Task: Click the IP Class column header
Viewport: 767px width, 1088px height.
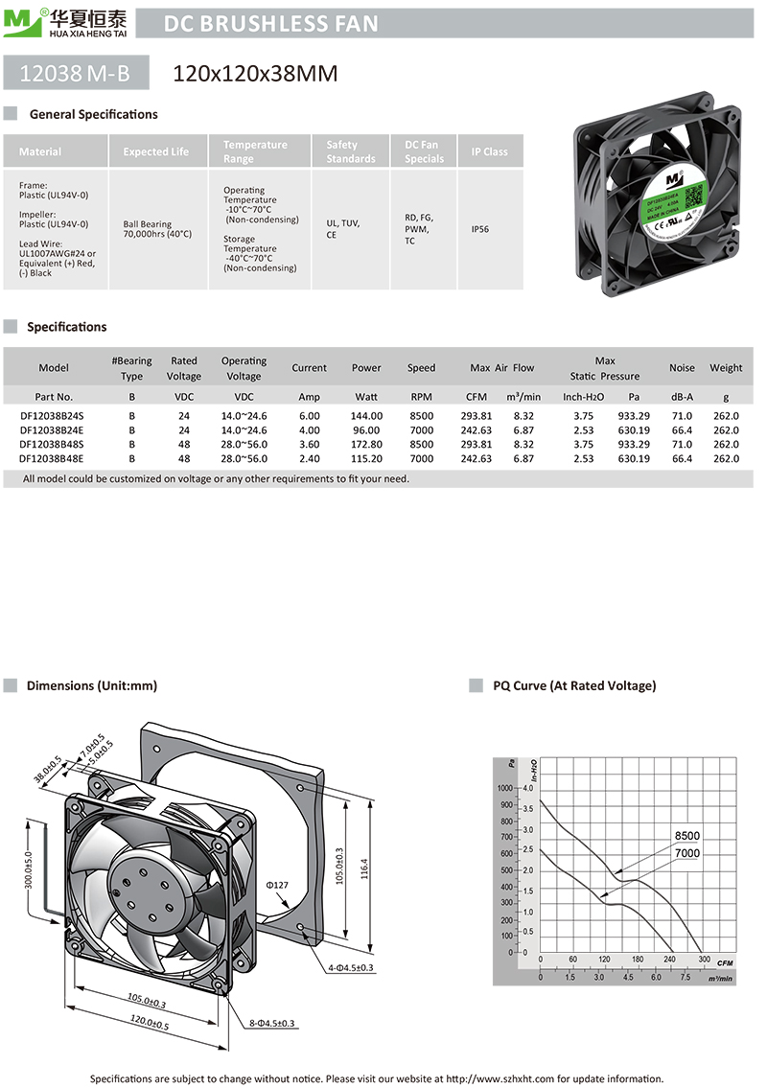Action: pyautogui.click(x=489, y=151)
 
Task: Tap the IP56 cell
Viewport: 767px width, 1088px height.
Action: pyautogui.click(x=480, y=230)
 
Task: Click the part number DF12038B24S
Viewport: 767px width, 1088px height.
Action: pyautogui.click(x=54, y=416)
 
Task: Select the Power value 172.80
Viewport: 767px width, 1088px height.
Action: pyautogui.click(x=366, y=445)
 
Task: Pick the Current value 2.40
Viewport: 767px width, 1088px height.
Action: pyautogui.click(x=309, y=459)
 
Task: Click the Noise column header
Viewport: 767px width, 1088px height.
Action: pyautogui.click(x=682, y=368)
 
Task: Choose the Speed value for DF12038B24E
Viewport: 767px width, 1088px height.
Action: pyautogui.click(x=421, y=430)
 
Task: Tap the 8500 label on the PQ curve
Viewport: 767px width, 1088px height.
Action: pyautogui.click(x=687, y=836)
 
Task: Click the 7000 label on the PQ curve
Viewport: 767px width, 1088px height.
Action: pyautogui.click(x=687, y=853)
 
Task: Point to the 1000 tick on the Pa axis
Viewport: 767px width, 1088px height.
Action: pyautogui.click(x=506, y=787)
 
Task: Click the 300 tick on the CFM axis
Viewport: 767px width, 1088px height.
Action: pyautogui.click(x=705, y=960)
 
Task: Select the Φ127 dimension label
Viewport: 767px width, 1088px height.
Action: pyautogui.click(x=276, y=885)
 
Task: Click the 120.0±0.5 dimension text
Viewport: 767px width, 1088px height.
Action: pyautogui.click(x=148, y=1022)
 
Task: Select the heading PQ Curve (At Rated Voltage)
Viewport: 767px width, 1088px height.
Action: pyautogui.click(x=574, y=685)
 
